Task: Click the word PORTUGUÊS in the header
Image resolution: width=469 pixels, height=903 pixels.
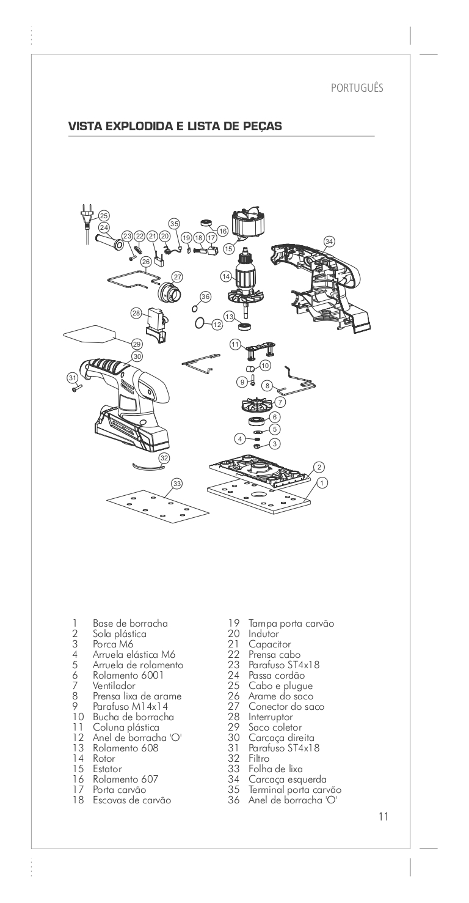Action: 357,87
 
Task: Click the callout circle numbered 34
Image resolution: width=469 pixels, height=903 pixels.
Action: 330,241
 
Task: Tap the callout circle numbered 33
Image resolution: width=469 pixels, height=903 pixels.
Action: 177,484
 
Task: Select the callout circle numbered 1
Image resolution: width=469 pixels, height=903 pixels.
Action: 323,482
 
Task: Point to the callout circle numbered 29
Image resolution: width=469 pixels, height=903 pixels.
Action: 137,344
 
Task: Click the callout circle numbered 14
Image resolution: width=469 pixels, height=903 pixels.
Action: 227,276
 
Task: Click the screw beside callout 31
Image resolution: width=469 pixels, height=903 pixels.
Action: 77,387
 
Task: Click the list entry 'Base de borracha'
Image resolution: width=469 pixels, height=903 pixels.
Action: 130,624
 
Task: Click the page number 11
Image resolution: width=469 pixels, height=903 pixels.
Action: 384,817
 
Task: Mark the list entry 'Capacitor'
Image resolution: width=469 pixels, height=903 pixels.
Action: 269,644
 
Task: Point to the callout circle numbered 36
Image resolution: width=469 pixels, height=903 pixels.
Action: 205,297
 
